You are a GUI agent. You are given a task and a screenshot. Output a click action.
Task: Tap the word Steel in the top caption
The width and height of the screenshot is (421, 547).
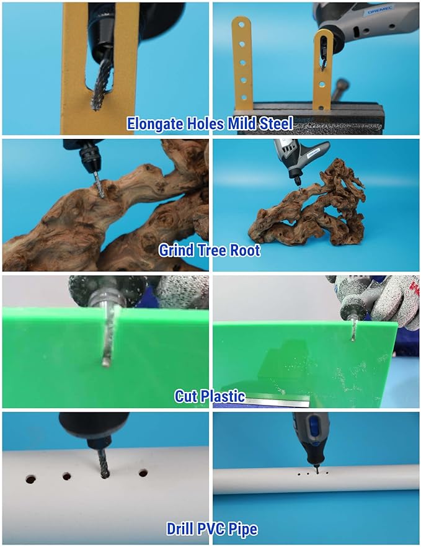click(x=276, y=123)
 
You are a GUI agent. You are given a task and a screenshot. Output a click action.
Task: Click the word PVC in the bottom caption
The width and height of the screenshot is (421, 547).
click(x=211, y=529)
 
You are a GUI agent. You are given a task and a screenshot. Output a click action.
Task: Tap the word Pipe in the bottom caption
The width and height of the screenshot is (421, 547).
click(x=243, y=530)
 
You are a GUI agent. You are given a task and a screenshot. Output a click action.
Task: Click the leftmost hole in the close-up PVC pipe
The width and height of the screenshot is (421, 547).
click(x=31, y=479)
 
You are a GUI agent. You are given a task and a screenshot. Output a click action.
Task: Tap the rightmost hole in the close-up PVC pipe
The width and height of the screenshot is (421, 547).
click(x=143, y=473)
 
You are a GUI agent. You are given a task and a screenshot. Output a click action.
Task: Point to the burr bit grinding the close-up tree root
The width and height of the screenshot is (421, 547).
click(x=99, y=185)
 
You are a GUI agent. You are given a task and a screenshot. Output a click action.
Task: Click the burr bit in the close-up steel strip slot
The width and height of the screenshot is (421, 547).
click(x=99, y=84)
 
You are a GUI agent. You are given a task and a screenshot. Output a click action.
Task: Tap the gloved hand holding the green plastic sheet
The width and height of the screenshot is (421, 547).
click(x=394, y=300)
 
